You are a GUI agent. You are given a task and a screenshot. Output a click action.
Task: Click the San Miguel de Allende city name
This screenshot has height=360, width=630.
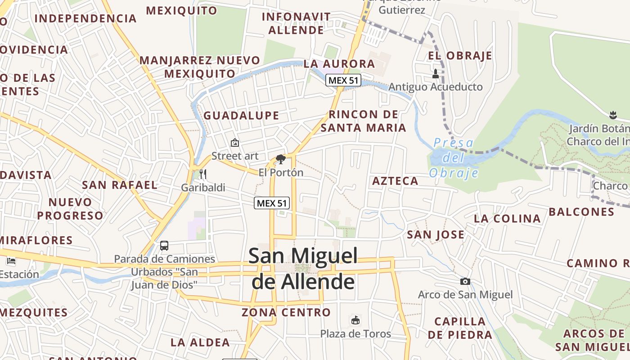(303, 269)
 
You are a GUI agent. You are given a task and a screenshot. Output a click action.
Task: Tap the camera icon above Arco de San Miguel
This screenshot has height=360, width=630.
(465, 281)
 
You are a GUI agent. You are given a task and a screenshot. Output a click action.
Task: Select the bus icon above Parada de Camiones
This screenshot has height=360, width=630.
(164, 246)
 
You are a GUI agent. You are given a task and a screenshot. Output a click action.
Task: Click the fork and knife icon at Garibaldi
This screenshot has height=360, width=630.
(203, 174)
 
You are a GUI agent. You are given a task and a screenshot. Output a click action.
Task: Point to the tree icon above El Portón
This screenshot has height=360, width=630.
(281, 159)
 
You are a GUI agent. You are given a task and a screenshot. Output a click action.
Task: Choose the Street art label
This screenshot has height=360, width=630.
(235, 156)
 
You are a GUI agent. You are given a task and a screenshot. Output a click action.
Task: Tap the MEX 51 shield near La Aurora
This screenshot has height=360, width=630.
(343, 81)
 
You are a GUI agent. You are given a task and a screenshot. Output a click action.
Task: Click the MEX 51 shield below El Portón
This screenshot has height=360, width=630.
(272, 203)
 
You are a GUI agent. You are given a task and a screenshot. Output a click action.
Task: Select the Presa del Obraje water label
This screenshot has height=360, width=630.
(453, 158)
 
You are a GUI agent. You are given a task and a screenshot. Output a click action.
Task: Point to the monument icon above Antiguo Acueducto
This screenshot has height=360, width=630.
(435, 74)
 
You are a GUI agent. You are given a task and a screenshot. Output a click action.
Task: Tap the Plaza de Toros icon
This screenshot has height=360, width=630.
(355, 320)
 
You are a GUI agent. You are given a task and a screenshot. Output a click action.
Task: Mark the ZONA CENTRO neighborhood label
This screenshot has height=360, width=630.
(286, 312)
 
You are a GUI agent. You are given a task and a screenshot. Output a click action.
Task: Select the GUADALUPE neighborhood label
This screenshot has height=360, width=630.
(241, 116)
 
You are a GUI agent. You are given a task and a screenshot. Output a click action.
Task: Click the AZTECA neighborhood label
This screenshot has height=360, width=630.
(395, 181)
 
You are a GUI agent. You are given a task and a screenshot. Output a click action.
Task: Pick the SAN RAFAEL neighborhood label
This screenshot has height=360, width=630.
(120, 185)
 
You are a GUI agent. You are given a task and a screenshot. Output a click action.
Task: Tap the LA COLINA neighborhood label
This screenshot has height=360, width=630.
(507, 219)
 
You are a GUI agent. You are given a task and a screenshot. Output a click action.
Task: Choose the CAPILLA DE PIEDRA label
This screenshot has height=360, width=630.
(460, 328)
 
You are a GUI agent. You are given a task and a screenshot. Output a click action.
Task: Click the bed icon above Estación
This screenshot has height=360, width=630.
(11, 261)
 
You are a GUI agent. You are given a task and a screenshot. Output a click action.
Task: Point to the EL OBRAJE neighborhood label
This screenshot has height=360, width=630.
(460, 56)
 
